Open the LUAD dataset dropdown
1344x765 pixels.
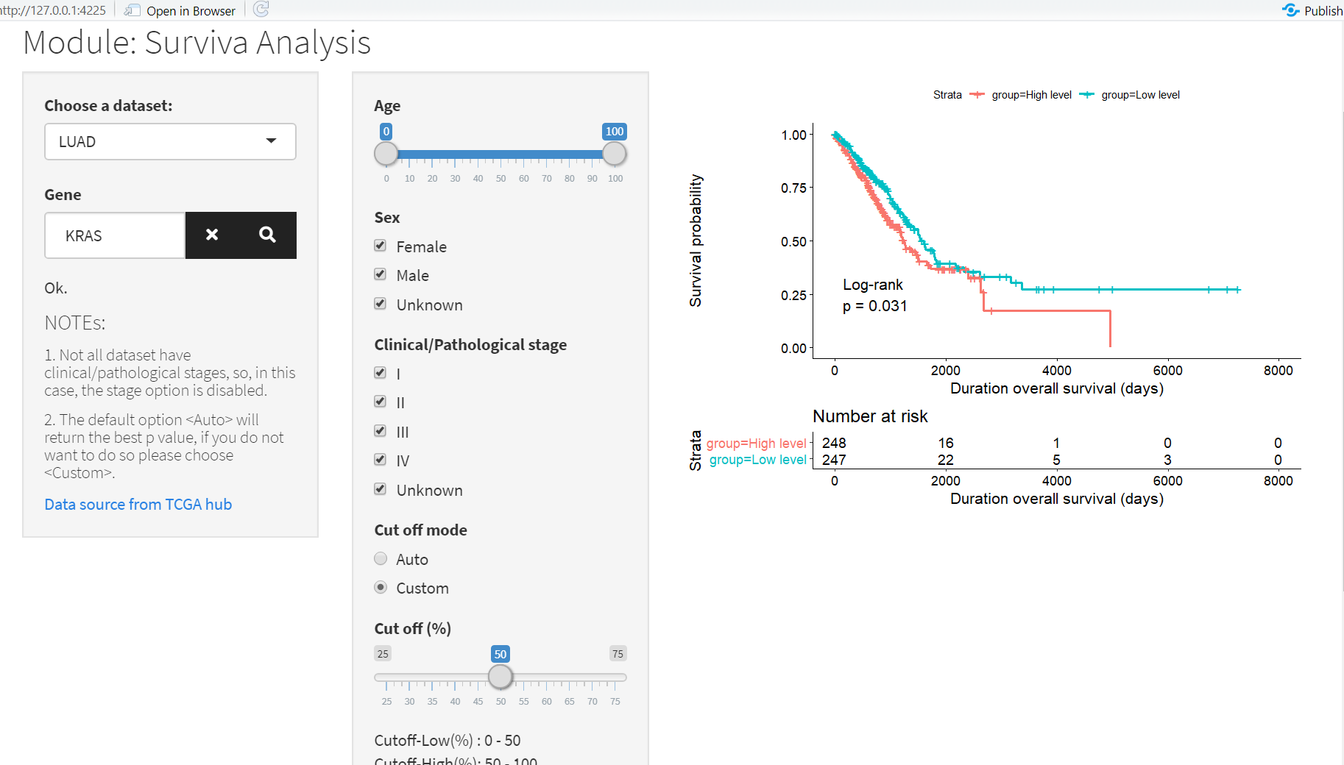click(x=170, y=141)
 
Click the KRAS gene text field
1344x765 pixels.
click(x=115, y=235)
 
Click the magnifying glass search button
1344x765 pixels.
click(x=267, y=235)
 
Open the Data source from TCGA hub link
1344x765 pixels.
click(x=138, y=505)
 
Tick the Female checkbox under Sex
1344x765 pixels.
click(x=381, y=246)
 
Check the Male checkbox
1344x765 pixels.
click(x=381, y=274)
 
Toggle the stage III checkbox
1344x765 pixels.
click(x=381, y=431)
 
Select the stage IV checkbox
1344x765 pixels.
click(x=381, y=460)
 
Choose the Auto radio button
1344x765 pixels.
click(x=381, y=559)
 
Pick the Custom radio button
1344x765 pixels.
click(x=381, y=588)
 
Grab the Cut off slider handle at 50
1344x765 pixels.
click(x=501, y=677)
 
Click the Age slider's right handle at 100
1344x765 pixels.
click(x=614, y=154)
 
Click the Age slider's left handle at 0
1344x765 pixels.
click(x=386, y=154)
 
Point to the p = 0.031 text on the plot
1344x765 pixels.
click(x=875, y=306)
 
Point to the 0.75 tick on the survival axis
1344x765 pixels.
click(x=793, y=188)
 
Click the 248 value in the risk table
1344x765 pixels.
click(x=834, y=443)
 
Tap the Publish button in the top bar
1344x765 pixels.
click(x=1314, y=10)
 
